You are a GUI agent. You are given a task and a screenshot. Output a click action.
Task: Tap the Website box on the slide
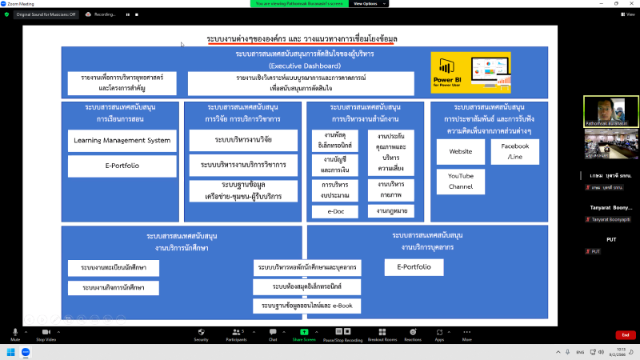point(461,151)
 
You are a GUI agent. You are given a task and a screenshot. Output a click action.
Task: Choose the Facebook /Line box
point(515,150)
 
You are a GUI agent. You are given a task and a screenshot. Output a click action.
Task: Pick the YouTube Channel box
point(461,181)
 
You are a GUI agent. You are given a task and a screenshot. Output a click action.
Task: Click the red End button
point(626,334)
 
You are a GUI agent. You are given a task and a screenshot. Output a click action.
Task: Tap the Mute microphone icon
point(14,332)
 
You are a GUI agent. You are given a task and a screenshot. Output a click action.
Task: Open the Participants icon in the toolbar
point(236,332)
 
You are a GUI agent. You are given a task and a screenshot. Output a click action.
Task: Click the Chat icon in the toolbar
point(273,332)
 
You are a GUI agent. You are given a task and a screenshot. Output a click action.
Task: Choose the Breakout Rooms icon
point(382,332)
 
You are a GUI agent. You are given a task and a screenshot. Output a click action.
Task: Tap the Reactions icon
point(413,332)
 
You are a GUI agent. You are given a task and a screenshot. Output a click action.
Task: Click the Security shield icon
point(201,332)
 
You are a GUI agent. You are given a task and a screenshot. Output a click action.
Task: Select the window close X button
point(631,3)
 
